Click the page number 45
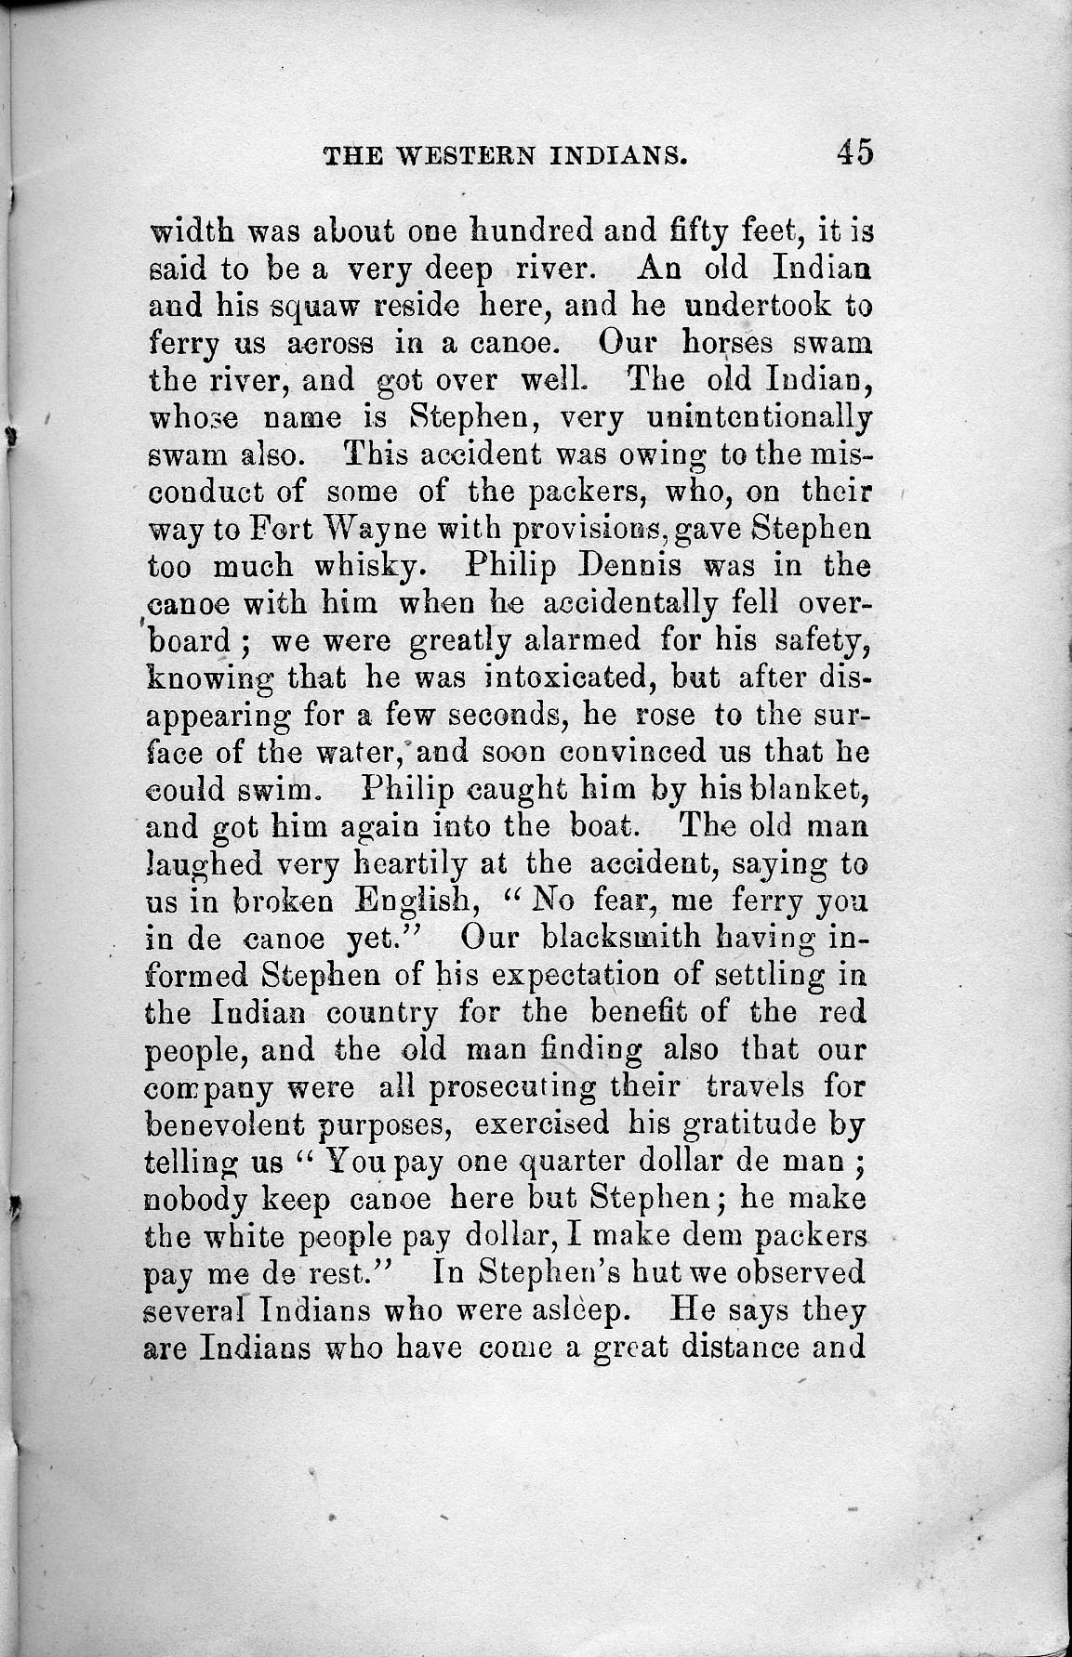pyautogui.click(x=854, y=151)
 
